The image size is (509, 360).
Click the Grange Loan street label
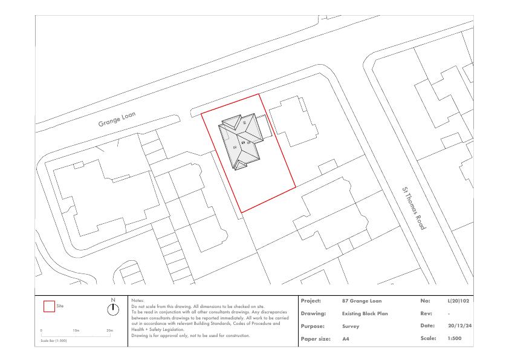(117, 119)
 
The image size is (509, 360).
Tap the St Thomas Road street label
(413, 208)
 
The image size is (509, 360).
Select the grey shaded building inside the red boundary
(241, 142)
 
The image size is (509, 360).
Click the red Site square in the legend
(49, 306)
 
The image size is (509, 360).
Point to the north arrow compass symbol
(113, 310)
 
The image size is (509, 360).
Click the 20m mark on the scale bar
(110, 330)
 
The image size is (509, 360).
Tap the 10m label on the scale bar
(76, 330)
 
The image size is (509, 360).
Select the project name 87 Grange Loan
(361, 301)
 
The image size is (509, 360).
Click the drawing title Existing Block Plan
(365, 313)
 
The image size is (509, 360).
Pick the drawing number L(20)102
(458, 301)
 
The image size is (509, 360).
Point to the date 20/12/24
(459, 326)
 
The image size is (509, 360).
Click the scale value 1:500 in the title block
(455, 338)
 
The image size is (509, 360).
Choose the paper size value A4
(345, 339)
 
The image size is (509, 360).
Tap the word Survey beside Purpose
(351, 326)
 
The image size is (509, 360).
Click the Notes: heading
(138, 301)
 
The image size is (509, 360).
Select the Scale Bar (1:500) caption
(54, 341)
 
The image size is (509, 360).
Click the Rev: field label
(426, 313)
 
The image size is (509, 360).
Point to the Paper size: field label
(316, 339)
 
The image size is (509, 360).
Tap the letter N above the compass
(113, 300)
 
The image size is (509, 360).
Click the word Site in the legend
(60, 306)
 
